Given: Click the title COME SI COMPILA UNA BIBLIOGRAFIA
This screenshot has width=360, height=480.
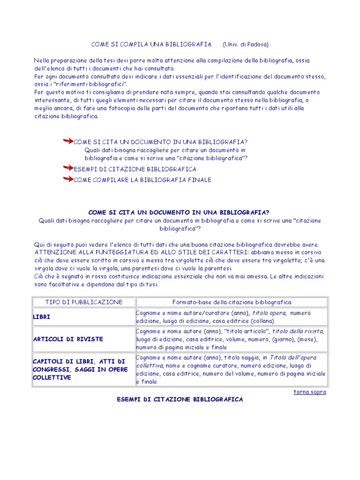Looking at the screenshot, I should pos(151,44).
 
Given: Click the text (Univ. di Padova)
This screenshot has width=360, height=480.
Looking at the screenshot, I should pos(246,44).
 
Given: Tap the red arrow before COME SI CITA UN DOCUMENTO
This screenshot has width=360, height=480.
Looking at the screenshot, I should pos(68,141).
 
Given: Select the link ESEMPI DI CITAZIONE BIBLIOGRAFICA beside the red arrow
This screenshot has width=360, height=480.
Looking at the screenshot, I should pos(135,169).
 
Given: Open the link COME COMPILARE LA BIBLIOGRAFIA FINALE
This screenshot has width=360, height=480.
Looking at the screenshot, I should pos(142,180).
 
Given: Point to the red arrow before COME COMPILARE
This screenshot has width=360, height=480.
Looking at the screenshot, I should pos(68,179).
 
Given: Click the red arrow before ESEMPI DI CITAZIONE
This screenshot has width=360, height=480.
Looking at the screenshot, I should pos(68,168).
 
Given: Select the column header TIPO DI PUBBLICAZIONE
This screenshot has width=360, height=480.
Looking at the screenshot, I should pos(84,302).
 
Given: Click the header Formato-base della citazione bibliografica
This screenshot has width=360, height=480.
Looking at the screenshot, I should pos(232,302).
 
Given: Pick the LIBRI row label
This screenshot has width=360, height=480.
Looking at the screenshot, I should pos(42,317).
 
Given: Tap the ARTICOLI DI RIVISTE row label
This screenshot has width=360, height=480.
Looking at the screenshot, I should pos(68,339).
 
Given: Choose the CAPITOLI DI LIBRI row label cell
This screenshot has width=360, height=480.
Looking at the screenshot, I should pos(79,369).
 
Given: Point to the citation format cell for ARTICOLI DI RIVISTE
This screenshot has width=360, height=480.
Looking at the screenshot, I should pos(230,339).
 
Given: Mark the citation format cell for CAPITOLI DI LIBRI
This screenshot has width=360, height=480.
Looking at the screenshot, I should pos(231,369).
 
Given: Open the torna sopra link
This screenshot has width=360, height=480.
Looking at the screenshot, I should pos(309,392).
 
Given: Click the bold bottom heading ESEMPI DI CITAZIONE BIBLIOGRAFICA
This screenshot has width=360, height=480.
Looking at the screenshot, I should pos(180,399).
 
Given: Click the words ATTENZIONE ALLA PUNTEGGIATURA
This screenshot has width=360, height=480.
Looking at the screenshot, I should pos(84,252).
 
